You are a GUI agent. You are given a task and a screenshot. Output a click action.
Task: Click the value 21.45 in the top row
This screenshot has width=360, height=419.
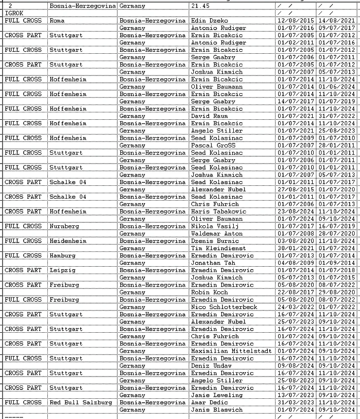tap(200, 5)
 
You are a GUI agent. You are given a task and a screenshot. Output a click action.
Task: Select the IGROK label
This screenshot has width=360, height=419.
tap(13, 13)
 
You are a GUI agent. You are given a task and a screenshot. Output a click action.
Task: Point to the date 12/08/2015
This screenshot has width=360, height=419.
tap(295, 21)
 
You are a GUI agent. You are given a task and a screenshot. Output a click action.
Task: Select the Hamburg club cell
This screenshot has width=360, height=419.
tap(63, 256)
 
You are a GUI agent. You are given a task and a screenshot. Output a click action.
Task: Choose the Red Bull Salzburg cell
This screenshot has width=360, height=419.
tap(80, 402)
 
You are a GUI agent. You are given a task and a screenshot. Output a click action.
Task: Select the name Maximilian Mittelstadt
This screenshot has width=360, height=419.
tap(231, 351)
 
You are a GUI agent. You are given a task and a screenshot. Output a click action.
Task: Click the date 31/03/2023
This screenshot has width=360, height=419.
tap(295, 402)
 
